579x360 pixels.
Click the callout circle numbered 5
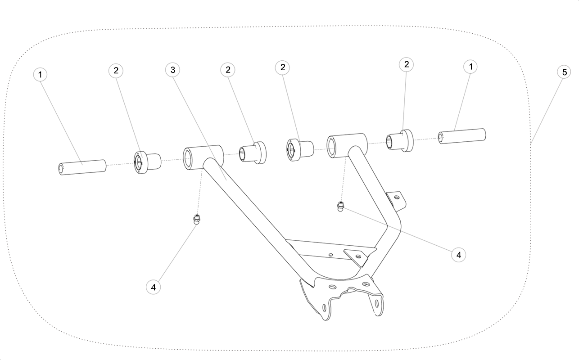pos(564,72)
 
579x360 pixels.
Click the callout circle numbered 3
pos(173,70)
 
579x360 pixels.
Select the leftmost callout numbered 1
pos(41,75)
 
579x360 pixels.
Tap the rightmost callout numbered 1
pos(470,67)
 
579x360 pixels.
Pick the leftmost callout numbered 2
pos(116,71)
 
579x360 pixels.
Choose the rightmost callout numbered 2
pos(406,65)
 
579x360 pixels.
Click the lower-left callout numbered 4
pos(153,287)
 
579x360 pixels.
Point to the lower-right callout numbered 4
pos(458,255)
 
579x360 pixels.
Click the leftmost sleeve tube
pos(82,167)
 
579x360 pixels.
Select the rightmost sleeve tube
pos(462,136)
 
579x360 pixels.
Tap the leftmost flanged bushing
pos(147,163)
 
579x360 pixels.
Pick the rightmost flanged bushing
pos(400,140)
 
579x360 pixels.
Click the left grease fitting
pos(197,220)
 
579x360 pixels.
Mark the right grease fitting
pos(341,207)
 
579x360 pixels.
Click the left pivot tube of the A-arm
pos(203,157)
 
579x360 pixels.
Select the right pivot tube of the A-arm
pos(347,145)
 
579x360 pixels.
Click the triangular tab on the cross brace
pos(357,257)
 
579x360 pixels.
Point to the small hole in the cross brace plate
pos(330,255)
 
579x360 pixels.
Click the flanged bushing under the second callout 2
pos(253,153)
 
